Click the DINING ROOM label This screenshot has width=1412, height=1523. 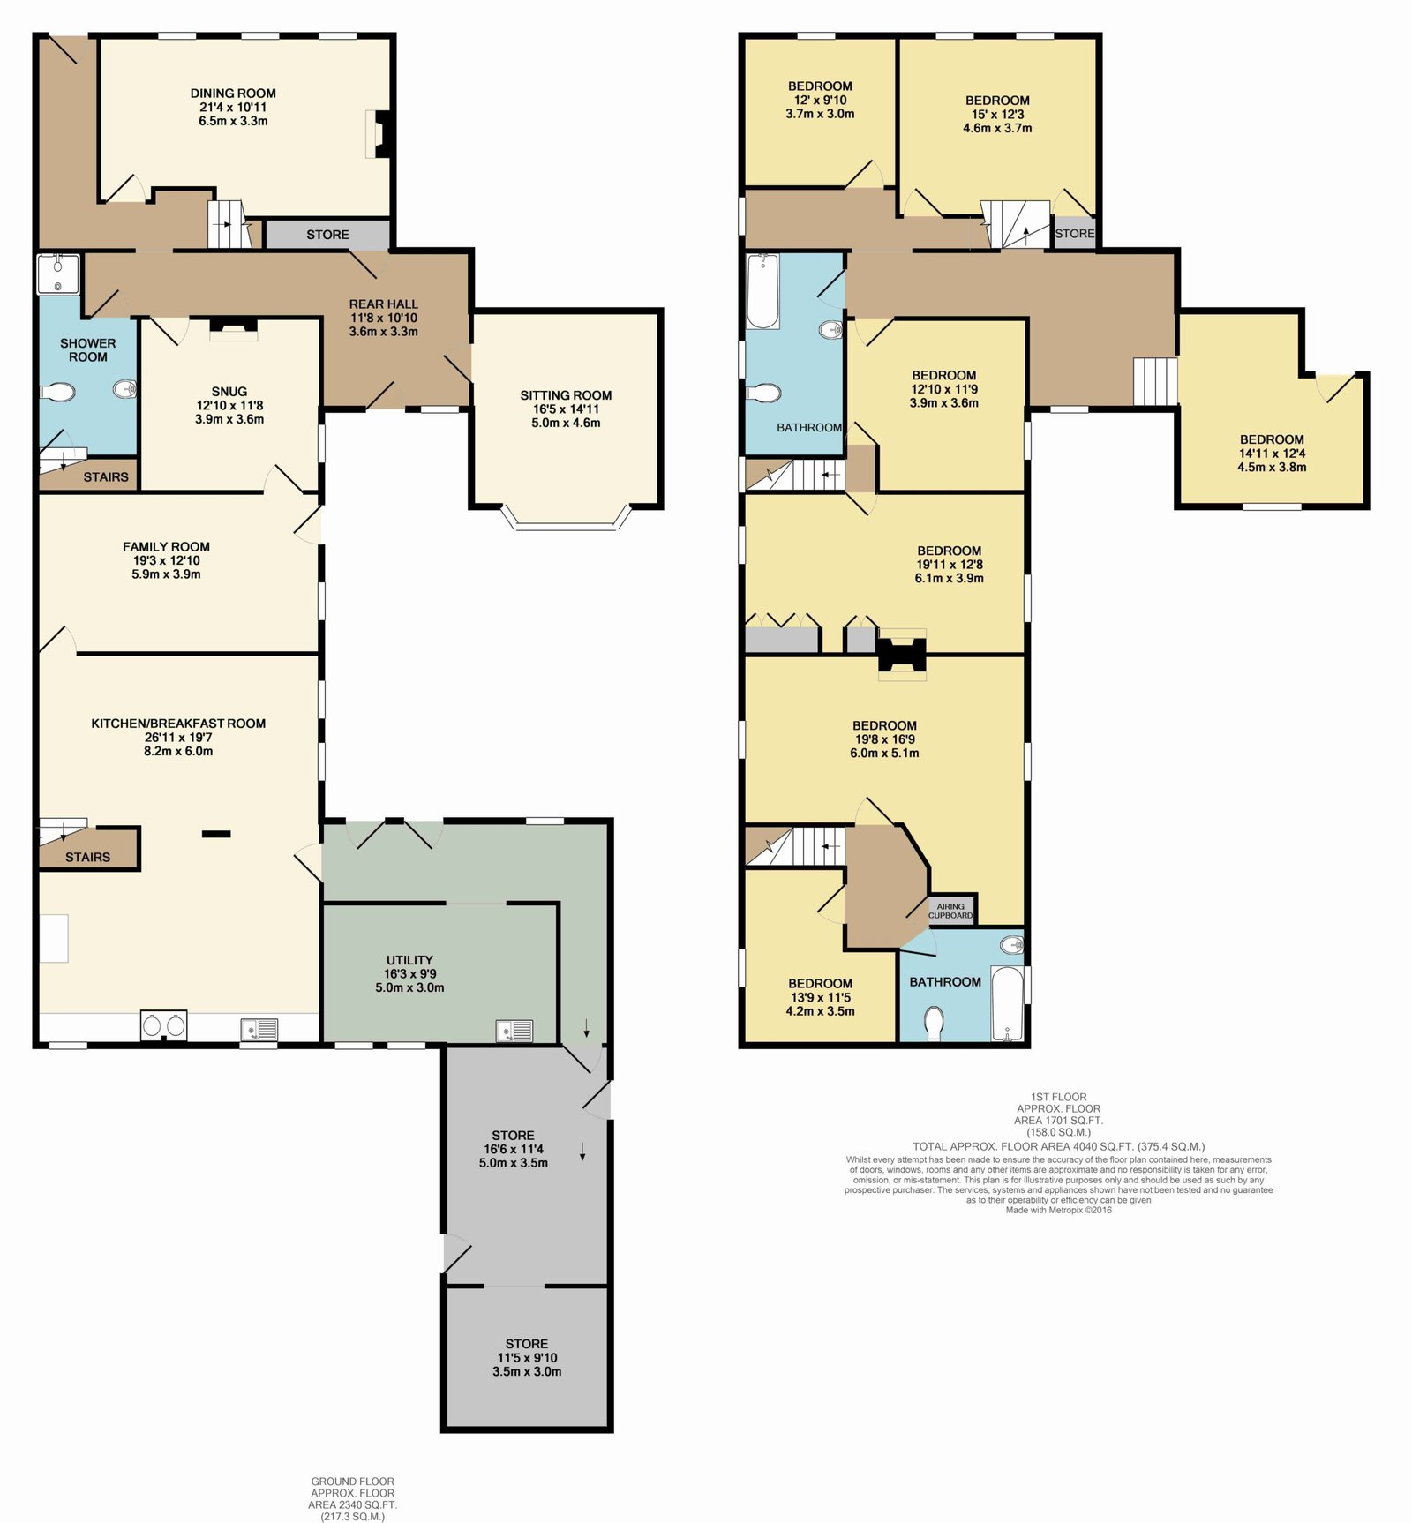pos(233,94)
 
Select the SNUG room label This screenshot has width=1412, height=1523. pos(229,392)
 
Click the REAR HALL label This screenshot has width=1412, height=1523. pos(384,304)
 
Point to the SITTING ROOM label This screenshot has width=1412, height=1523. pos(566,395)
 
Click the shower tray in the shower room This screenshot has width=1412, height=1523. pos(58,274)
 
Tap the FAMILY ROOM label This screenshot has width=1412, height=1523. pos(166,547)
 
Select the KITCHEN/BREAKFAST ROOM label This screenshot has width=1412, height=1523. pos(178,724)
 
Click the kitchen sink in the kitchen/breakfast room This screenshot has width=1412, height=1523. pos(259,1029)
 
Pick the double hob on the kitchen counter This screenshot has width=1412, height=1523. pos(164,1025)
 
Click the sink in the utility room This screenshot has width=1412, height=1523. pos(514,1031)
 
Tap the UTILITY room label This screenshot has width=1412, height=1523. pos(409,960)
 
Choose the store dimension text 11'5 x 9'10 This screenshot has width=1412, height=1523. pos(527,1358)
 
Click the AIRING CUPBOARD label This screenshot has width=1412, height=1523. pos(950,911)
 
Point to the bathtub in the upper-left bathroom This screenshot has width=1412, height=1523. pos(762,292)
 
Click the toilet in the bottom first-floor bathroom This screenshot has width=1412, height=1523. pos(934,1024)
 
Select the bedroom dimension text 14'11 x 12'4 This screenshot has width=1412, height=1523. pos(1272,454)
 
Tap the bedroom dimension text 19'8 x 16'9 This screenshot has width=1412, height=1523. pos(884,739)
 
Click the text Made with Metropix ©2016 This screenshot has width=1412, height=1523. pos(1059,1210)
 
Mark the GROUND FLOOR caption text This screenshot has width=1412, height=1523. pos(353,1482)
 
